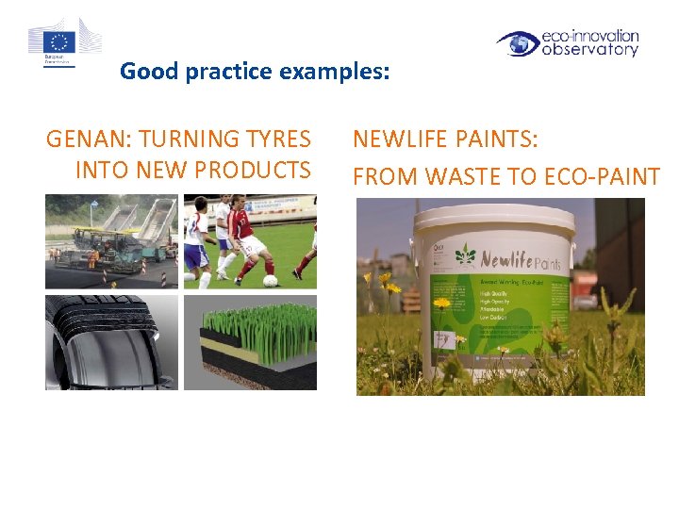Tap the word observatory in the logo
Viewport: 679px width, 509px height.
tap(589, 51)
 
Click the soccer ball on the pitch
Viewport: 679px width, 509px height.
tap(271, 280)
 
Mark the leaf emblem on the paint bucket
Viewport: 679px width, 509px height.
tap(465, 256)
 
